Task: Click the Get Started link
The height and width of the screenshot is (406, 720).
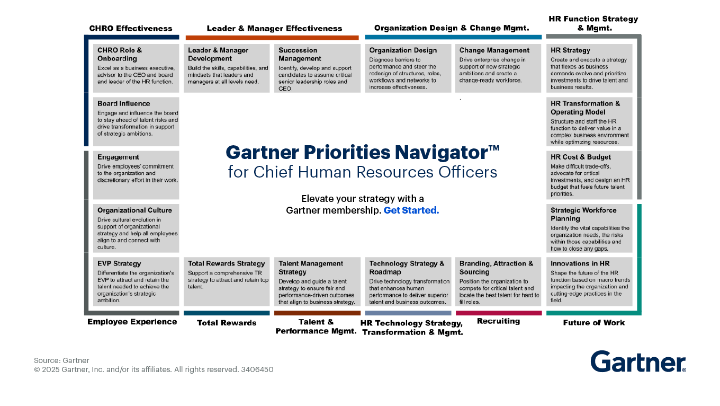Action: (x=411, y=210)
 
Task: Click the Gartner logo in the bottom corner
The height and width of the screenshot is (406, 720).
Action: (x=638, y=361)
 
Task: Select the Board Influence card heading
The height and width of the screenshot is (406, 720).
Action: (x=123, y=104)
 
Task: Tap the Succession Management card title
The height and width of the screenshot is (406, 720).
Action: (x=300, y=55)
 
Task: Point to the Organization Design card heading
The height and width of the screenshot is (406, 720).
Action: (x=403, y=50)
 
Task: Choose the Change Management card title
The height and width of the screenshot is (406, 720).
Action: (x=494, y=50)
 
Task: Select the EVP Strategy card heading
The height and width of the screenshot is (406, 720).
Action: (x=119, y=263)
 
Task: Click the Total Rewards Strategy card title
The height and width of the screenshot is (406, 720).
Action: (x=226, y=263)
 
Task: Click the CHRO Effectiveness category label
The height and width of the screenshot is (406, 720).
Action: (x=130, y=29)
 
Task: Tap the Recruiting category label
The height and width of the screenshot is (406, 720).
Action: (x=498, y=321)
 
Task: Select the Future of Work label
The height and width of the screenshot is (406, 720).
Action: (x=593, y=323)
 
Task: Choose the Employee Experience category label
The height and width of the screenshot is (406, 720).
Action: (x=132, y=322)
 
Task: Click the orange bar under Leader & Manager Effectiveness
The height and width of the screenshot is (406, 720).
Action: (x=272, y=38)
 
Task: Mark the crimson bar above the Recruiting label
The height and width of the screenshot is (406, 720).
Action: (x=498, y=313)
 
